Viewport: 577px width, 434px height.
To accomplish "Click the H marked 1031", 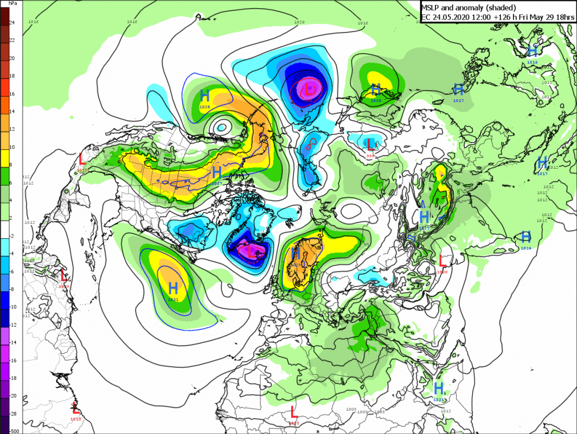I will (173, 288).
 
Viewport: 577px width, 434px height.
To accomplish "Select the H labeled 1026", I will (204, 95).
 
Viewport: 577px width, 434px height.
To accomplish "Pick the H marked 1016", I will (533, 51).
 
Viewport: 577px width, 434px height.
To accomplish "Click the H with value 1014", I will (525, 237).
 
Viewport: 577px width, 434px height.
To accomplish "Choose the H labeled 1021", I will (439, 388).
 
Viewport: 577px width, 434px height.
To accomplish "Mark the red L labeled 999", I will (371, 144).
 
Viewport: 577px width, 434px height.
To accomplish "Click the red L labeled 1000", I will (443, 260).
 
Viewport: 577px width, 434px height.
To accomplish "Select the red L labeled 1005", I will (293, 411).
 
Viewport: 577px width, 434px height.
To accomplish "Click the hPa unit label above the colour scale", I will (11, 3).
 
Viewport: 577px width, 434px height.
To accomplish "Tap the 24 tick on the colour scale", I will (12, 22).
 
